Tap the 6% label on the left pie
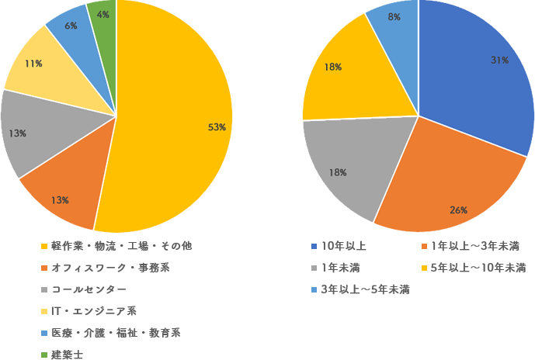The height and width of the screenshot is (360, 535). coord(71,26)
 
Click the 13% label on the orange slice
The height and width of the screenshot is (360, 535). coord(60,200)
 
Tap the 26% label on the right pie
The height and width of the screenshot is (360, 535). coord(458,210)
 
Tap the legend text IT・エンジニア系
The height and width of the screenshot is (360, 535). coord(94,311)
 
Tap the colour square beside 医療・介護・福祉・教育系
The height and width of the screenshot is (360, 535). coord(43,334)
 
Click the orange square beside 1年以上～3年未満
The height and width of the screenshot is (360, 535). coord(424,247)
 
